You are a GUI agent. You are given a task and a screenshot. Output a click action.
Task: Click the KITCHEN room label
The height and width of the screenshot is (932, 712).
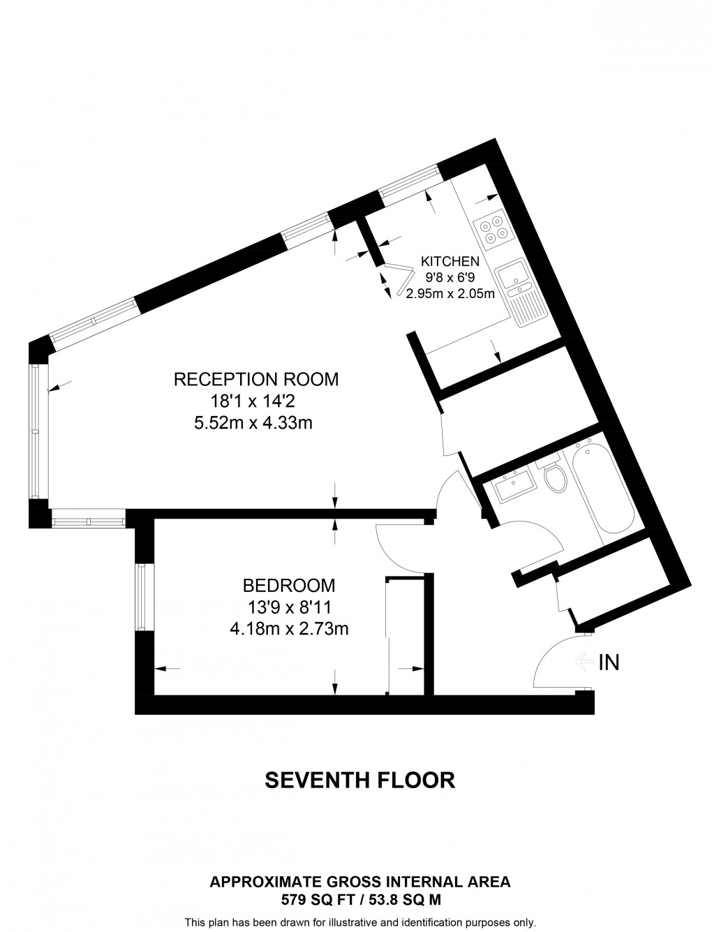pyautogui.click(x=450, y=262)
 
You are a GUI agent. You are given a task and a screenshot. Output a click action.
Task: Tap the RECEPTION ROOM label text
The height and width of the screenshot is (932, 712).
pyautogui.click(x=255, y=379)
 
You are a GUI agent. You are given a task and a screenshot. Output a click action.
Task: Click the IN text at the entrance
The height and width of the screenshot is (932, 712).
pyautogui.click(x=609, y=662)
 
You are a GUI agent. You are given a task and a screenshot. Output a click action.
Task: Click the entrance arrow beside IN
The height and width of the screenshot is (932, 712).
pyautogui.click(x=584, y=661)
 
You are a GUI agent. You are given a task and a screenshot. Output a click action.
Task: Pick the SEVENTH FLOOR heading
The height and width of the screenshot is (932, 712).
pyautogui.click(x=360, y=780)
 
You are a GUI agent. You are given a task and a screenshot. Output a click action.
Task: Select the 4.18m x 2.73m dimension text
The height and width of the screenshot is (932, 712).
pyautogui.click(x=288, y=629)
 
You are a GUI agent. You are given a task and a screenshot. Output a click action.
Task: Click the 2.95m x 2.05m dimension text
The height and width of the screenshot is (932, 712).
pyautogui.click(x=450, y=294)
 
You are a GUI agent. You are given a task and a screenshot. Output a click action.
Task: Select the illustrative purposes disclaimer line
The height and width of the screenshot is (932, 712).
pyautogui.click(x=359, y=922)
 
